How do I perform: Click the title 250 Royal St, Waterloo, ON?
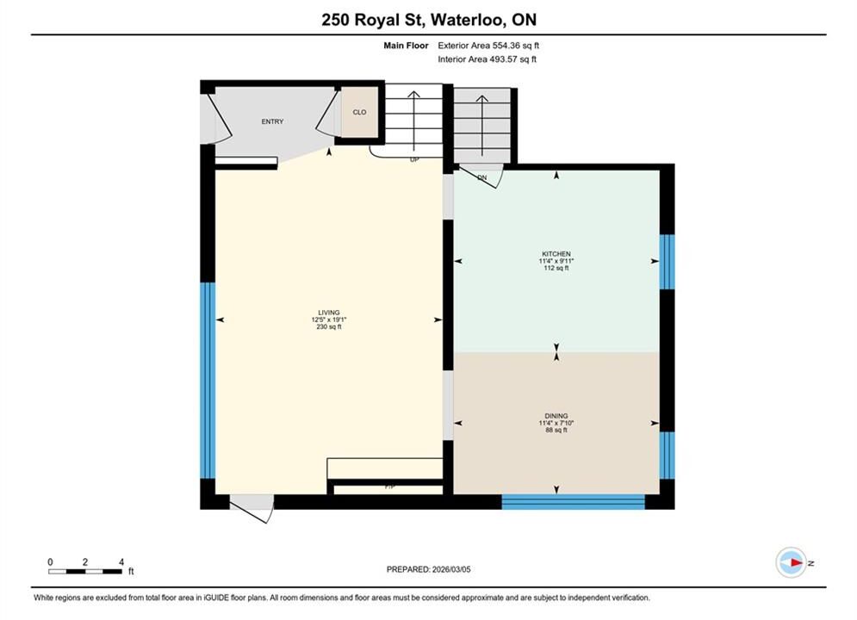429,20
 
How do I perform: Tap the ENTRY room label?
272,121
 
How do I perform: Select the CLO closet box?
359,112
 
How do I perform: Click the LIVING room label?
329,313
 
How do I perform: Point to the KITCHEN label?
556,254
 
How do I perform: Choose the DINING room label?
556,416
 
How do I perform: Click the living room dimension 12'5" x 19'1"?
329,319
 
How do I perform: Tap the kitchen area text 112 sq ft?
556,268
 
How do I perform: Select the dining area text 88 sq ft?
556,430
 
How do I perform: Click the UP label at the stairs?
414,160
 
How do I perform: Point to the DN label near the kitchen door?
482,177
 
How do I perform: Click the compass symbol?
792,562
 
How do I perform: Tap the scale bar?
85,572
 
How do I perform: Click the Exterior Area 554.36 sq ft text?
488,46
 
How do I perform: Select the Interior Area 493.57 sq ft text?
487,59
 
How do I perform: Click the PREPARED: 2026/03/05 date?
429,569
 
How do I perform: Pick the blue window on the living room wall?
208,381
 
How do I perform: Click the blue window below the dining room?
574,502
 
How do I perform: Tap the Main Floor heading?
406,46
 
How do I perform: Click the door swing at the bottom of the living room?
252,509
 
